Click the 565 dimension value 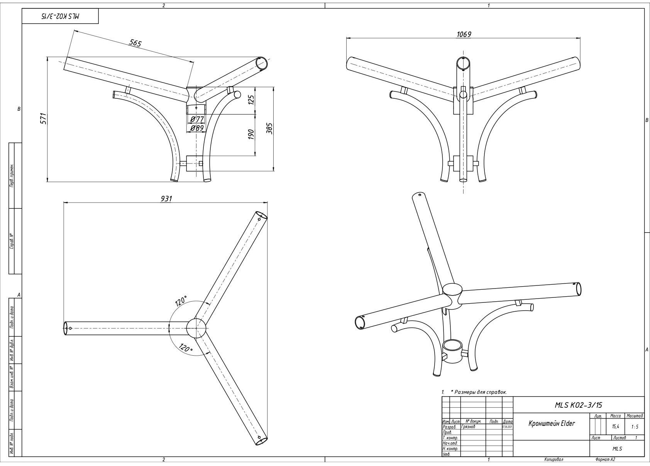[x=135, y=43]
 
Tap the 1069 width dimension [x=464, y=34]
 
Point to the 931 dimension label [x=166, y=198]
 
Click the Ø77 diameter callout [x=197, y=119]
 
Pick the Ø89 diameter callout [x=197, y=128]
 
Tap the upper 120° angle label [x=181, y=301]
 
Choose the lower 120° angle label [x=186, y=348]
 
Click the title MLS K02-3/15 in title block [x=578, y=405]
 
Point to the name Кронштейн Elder [x=552, y=423]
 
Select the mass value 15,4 [x=615, y=427]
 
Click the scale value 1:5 [x=635, y=427]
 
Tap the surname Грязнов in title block [x=469, y=427]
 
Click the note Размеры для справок [x=480, y=392]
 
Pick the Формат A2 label [x=605, y=459]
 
